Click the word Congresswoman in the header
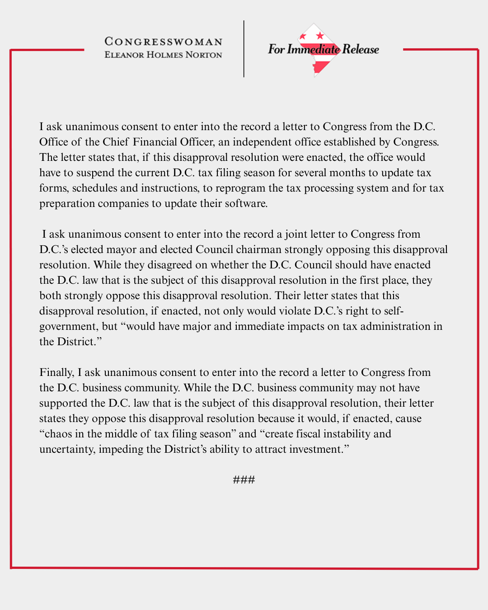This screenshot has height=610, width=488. click(x=164, y=42)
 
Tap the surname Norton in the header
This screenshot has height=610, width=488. click(x=204, y=55)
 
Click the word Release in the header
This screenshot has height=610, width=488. click(x=361, y=49)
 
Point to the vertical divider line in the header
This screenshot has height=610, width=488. click(x=244, y=49)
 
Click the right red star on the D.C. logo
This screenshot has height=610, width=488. click(x=320, y=35)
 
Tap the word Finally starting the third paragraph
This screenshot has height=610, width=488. click(x=56, y=372)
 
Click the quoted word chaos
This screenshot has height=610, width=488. click(x=58, y=434)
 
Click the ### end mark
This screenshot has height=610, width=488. click(x=244, y=479)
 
